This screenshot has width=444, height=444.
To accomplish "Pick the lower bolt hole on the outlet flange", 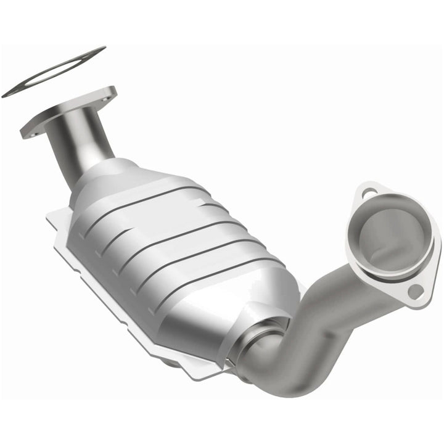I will pos(417,291).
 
